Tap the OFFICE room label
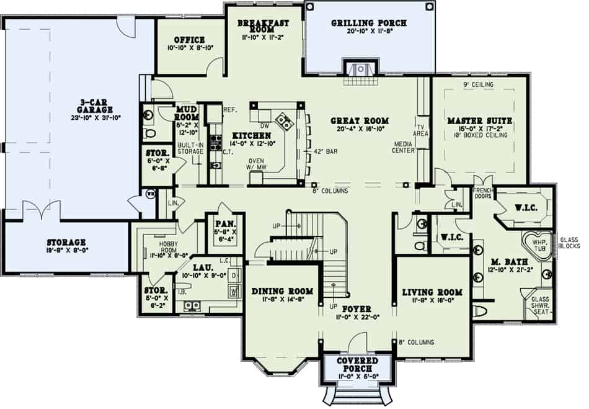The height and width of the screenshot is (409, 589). [190, 40]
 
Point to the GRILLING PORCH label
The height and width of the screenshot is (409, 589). [368, 23]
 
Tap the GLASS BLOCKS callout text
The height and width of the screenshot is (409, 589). [570, 243]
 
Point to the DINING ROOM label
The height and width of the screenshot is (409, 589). [282, 291]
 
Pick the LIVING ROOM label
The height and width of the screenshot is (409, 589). [432, 292]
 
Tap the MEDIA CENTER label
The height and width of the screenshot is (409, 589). [405, 150]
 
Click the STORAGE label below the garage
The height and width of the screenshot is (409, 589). [66, 242]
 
